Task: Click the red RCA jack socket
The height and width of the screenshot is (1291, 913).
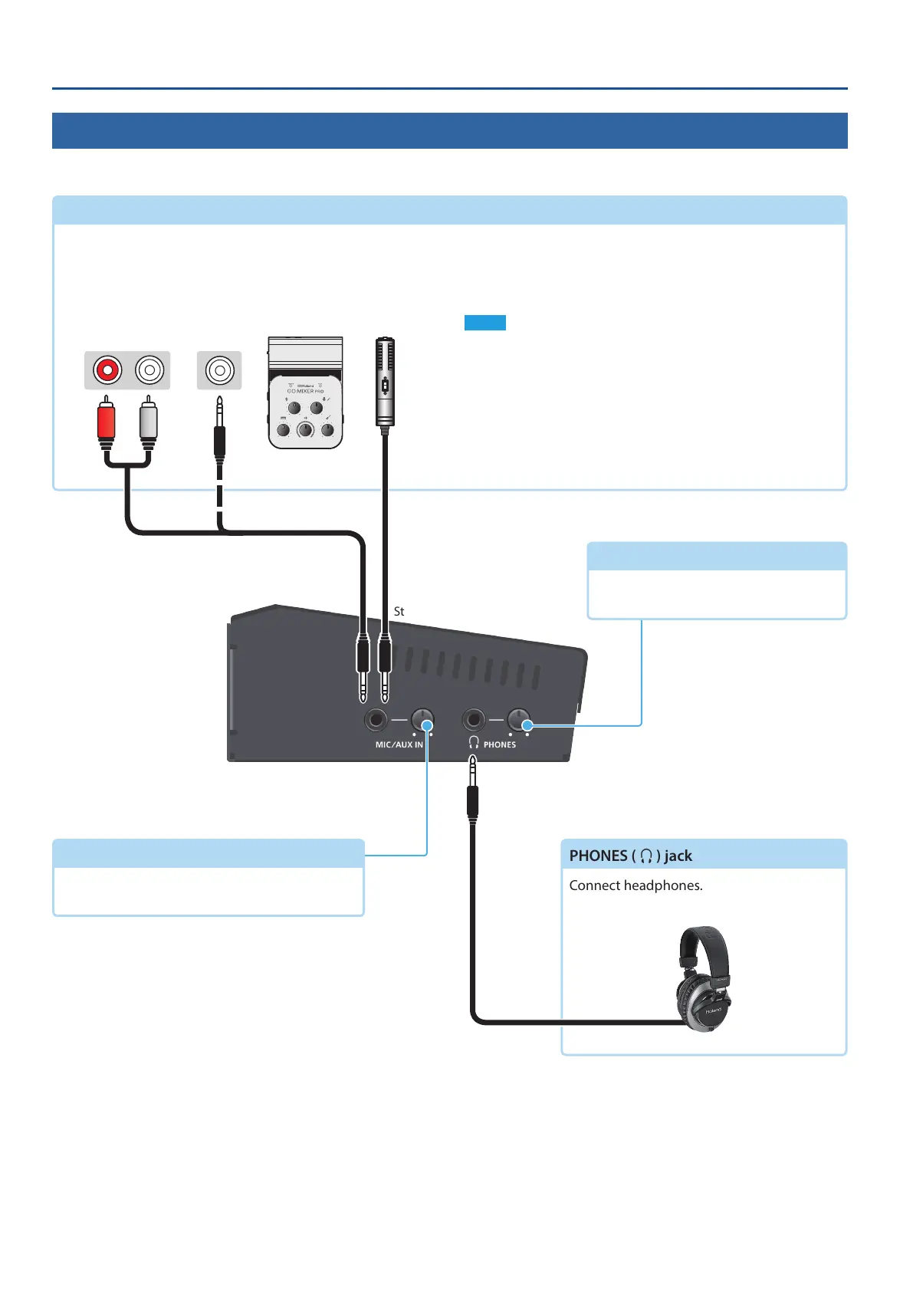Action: pyautogui.click(x=107, y=370)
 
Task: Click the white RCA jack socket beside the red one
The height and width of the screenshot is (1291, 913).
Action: pyautogui.click(x=149, y=370)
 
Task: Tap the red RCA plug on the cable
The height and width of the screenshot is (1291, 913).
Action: pyautogui.click(x=106, y=422)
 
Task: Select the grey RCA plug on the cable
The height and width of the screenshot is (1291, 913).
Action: pyautogui.click(x=149, y=422)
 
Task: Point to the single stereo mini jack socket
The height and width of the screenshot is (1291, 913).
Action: pyautogui.click(x=219, y=370)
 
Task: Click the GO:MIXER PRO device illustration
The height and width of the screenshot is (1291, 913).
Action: pyautogui.click(x=305, y=393)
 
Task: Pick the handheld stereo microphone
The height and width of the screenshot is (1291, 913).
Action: pyautogui.click(x=385, y=382)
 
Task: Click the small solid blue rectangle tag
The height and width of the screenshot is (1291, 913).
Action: pyautogui.click(x=484, y=323)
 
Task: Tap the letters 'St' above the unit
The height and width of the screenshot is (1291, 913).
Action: pyautogui.click(x=399, y=612)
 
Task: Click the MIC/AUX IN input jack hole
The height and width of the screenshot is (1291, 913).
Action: pyautogui.click(x=376, y=721)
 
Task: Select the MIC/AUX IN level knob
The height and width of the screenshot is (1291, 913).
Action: pyautogui.click(x=422, y=721)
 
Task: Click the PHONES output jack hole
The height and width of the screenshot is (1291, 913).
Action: pyautogui.click(x=474, y=721)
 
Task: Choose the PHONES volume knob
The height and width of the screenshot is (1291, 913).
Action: pyautogui.click(x=519, y=721)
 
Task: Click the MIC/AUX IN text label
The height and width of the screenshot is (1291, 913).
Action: pyautogui.click(x=399, y=744)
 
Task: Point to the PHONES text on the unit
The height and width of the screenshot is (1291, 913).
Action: pyautogui.click(x=500, y=744)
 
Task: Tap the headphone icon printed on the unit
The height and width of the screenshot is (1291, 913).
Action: pyautogui.click(x=474, y=742)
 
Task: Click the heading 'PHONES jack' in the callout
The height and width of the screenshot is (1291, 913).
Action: pyautogui.click(x=630, y=856)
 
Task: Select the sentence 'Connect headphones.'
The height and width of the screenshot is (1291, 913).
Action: pyautogui.click(x=635, y=885)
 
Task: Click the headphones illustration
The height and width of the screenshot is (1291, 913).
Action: pyautogui.click(x=704, y=979)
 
